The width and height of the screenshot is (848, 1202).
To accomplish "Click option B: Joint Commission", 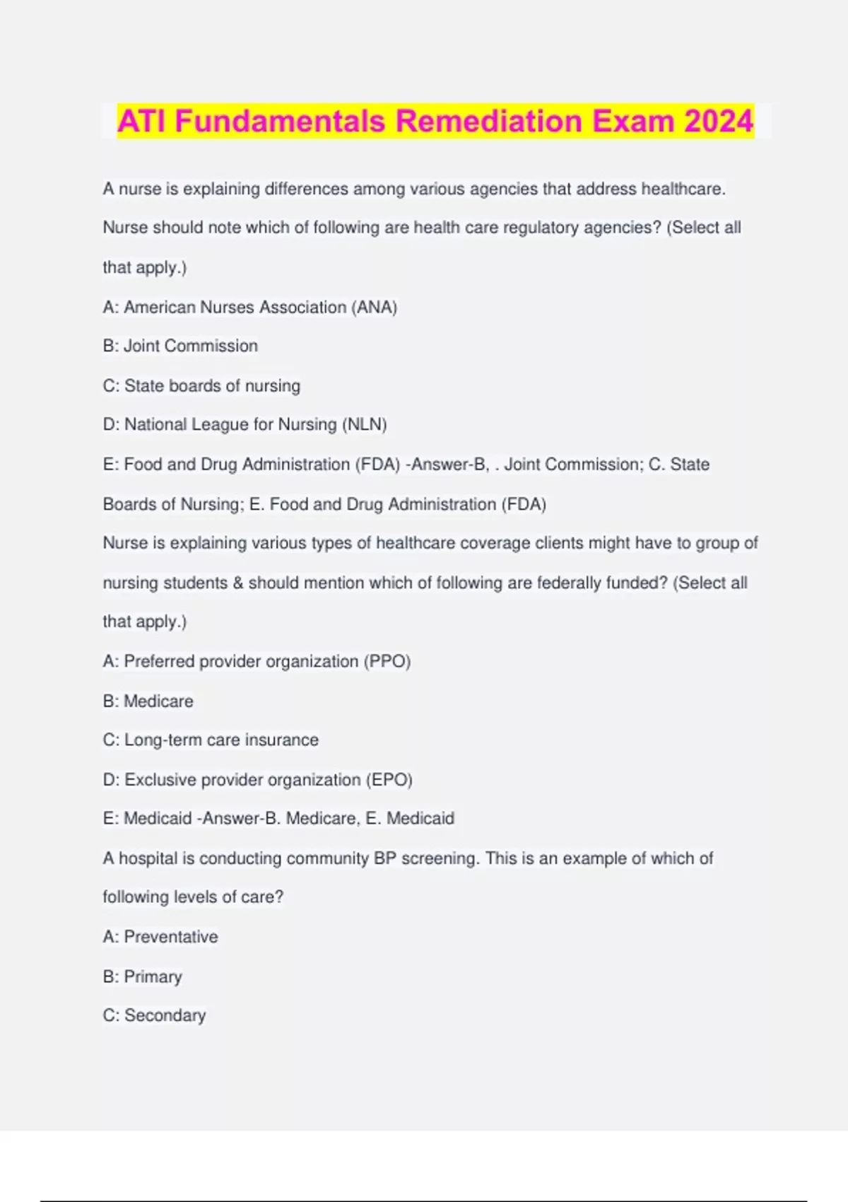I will (x=180, y=346).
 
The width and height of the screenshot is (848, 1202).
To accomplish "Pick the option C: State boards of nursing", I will (x=201, y=385).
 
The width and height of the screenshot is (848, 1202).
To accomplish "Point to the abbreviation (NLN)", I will (x=365, y=424).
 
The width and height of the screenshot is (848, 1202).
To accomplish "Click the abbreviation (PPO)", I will (x=387, y=661).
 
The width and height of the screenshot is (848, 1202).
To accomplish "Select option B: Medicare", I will (x=148, y=701).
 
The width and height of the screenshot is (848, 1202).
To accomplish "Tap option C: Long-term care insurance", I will (x=211, y=740).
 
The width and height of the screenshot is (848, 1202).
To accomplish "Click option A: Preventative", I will (x=160, y=936).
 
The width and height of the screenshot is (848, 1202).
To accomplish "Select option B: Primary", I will (x=142, y=976).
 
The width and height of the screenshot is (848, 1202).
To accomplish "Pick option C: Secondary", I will (x=154, y=1015).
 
